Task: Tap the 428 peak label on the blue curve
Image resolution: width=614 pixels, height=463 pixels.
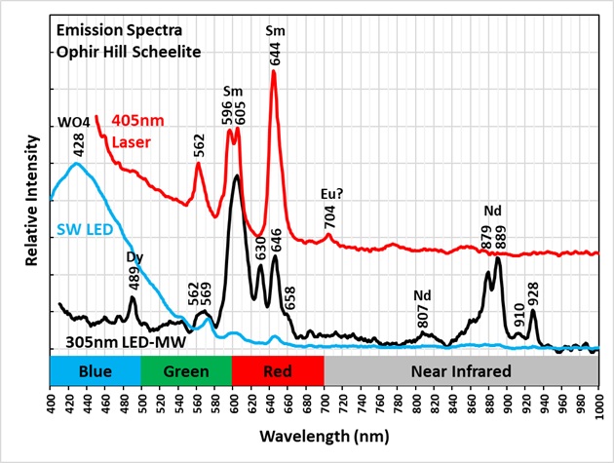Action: click(79, 144)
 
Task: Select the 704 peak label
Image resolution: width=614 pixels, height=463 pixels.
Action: click(330, 217)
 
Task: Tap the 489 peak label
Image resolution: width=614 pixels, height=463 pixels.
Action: click(134, 277)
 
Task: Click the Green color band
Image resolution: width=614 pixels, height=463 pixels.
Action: click(186, 370)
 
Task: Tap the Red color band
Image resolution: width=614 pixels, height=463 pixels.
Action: click(277, 370)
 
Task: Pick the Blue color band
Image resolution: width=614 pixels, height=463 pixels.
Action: click(96, 370)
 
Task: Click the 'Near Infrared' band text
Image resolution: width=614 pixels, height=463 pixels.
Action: click(461, 370)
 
